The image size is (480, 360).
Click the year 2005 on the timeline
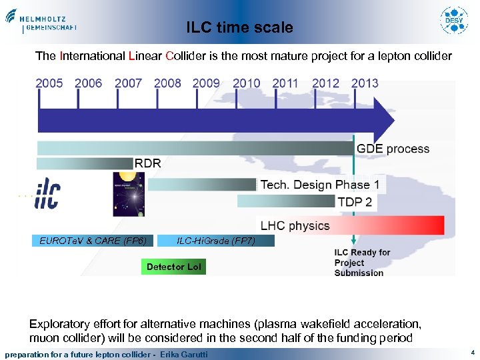[49, 83]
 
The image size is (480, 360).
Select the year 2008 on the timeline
[167, 83]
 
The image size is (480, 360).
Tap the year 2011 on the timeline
[285, 83]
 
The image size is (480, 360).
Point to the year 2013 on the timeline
[365, 83]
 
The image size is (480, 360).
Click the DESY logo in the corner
[455, 21]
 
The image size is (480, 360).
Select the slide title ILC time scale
[239, 27]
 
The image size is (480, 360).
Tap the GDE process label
[393, 149]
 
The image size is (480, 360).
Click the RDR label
[148, 163]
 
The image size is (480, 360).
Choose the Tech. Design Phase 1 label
[319, 185]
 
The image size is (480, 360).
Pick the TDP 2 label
[355, 201]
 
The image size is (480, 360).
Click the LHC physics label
[295, 226]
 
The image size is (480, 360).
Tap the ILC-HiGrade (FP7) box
[215, 241]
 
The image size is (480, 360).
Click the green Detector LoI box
[173, 267]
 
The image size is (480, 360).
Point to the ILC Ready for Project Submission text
[361, 262]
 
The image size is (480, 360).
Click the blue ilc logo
[47, 193]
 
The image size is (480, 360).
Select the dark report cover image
[129, 194]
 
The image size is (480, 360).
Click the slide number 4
[472, 351]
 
